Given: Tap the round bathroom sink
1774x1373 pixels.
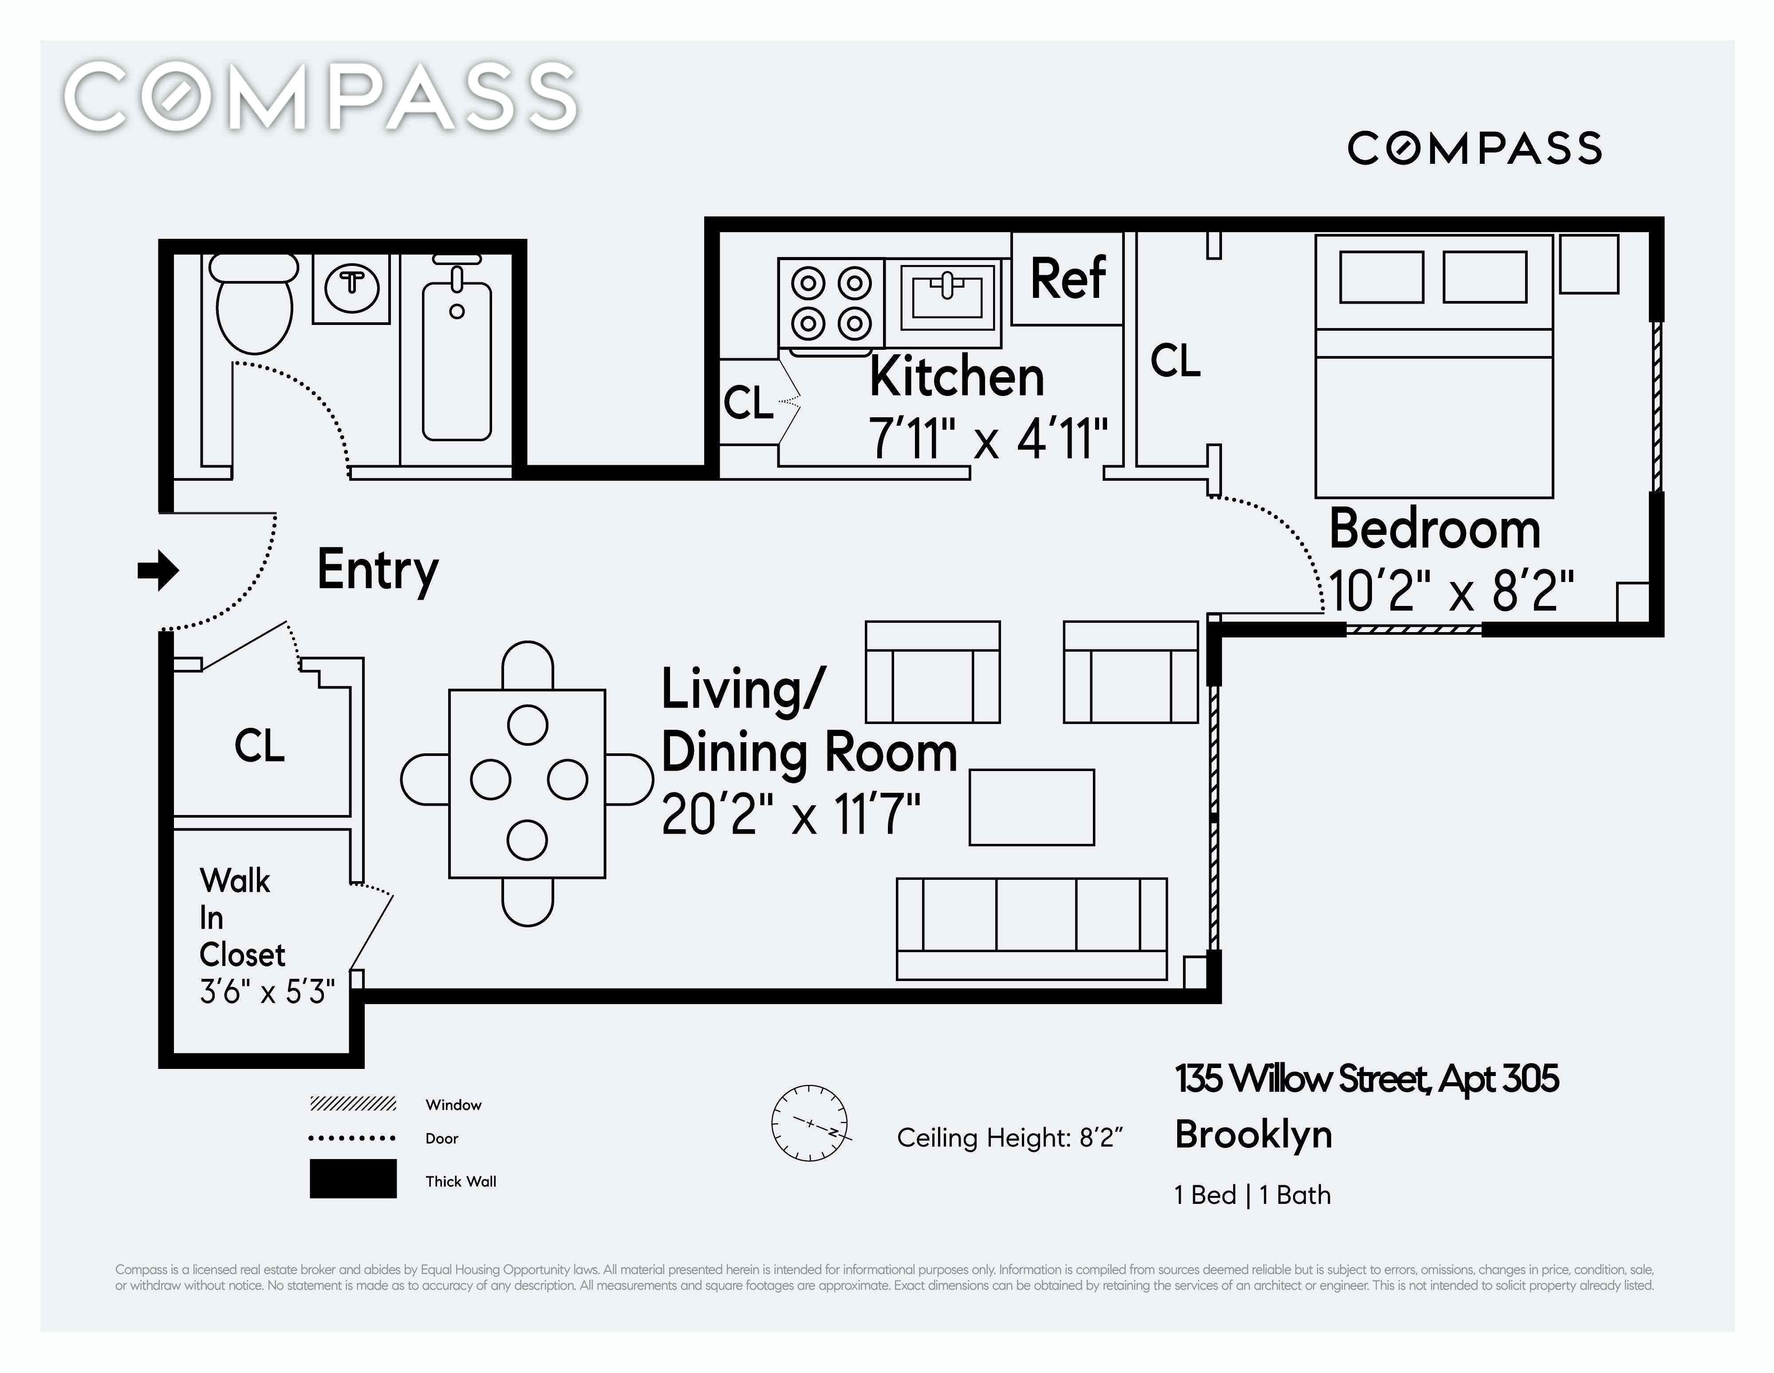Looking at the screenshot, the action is (352, 286).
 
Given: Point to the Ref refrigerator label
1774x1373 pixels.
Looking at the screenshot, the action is (1067, 278).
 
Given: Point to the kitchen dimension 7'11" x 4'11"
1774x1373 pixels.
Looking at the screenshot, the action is (988, 439).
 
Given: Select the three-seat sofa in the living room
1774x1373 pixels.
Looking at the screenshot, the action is (1032, 929).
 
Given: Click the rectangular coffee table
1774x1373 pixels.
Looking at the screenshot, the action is (1032, 807).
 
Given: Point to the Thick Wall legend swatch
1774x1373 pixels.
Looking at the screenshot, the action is (353, 1178).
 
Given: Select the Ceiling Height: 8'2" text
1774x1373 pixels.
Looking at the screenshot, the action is (1009, 1137).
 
